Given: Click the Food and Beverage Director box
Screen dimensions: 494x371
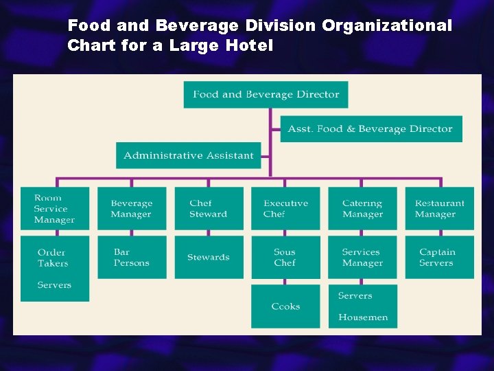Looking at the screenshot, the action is click(x=266, y=95).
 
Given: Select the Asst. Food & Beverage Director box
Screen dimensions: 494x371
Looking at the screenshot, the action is click(x=370, y=129).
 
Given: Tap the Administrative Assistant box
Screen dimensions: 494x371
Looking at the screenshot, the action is click(x=189, y=155).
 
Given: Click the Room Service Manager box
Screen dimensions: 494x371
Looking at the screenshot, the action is click(x=55, y=209).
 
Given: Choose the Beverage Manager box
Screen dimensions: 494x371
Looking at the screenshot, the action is click(x=132, y=209).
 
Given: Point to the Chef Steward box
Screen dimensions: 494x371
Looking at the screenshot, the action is click(x=209, y=209).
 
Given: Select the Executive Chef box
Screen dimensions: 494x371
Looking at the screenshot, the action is click(x=285, y=209).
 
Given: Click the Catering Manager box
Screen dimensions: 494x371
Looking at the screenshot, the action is click(x=362, y=209).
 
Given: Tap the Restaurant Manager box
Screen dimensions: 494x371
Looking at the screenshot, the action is click(x=439, y=209).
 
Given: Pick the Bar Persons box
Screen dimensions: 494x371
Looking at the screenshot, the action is click(x=132, y=258).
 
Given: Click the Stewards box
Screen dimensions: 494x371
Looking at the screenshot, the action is click(x=209, y=258).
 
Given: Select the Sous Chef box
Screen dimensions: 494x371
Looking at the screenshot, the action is click(x=285, y=258).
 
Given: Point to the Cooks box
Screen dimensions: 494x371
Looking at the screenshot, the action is click(x=285, y=306).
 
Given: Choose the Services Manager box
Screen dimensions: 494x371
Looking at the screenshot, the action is click(x=362, y=258).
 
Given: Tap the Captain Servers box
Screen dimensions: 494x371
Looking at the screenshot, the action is click(x=439, y=258).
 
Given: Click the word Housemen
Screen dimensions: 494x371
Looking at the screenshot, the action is click(x=363, y=317).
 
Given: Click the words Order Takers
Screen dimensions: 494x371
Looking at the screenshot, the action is click(x=52, y=258).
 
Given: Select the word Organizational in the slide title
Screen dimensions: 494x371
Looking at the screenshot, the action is click(x=387, y=26).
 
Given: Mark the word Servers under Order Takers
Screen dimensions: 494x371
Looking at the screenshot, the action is click(x=54, y=285).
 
